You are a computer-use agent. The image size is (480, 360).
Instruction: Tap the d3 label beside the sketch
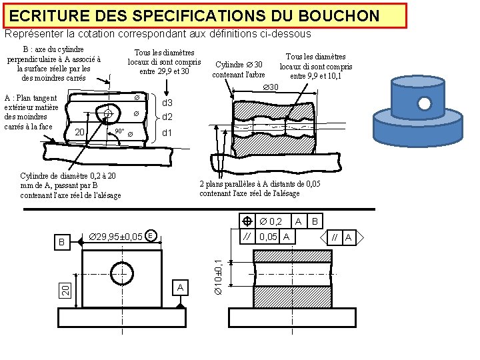167,103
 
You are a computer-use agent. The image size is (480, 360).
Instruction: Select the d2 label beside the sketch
167,117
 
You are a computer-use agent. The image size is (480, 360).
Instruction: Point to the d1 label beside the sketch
167,133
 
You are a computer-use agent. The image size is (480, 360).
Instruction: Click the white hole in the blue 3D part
425,103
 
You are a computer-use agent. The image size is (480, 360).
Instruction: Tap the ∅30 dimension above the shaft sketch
270,88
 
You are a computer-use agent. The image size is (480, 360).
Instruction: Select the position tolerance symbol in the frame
247,221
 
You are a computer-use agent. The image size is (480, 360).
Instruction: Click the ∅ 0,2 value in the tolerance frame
271,221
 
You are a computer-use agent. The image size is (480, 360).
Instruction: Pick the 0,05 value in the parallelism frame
269,237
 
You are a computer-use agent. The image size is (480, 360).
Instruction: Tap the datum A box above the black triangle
179,287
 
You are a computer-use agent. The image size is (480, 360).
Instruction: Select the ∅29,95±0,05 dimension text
115,236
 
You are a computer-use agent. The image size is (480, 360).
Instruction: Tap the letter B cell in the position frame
316,221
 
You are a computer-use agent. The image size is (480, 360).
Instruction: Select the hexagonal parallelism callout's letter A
348,236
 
